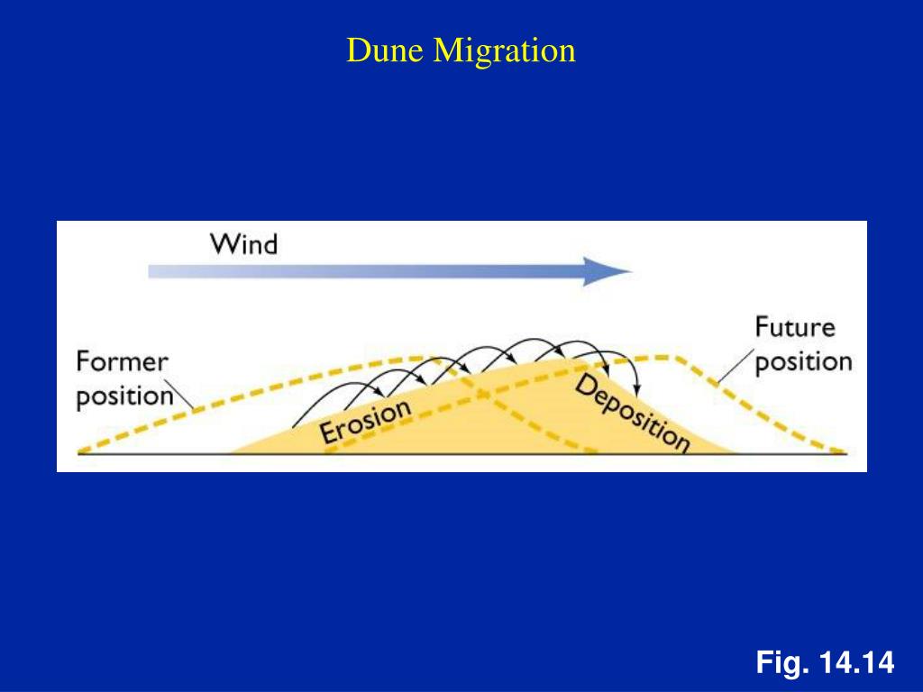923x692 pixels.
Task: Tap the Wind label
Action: (x=243, y=244)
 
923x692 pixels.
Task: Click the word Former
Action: (x=122, y=362)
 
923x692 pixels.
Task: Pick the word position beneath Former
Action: (x=124, y=396)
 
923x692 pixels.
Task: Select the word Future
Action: (x=795, y=326)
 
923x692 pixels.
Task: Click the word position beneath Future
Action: (x=803, y=361)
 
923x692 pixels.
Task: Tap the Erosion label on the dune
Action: (x=365, y=421)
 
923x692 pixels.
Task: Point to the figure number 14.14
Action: (x=856, y=664)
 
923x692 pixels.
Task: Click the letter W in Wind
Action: (x=224, y=244)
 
